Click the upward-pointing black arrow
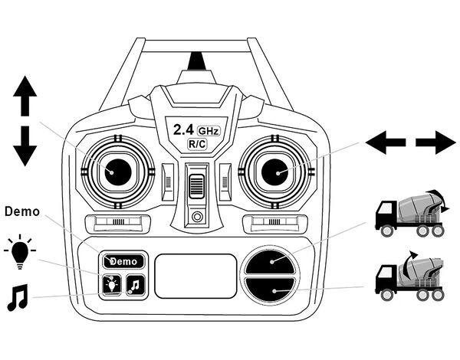pos(25,97)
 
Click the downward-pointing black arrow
pos(25,145)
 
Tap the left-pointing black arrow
pos(386,142)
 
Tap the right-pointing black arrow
pos(435,142)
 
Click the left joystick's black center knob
pos(117,170)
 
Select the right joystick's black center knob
pos(274,170)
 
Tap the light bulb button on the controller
pos(111,285)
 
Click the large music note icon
pos(17,297)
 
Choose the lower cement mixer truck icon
pos(409,273)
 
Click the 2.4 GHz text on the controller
pos(195,129)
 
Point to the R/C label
pos(196,144)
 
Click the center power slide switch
pos(196,186)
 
